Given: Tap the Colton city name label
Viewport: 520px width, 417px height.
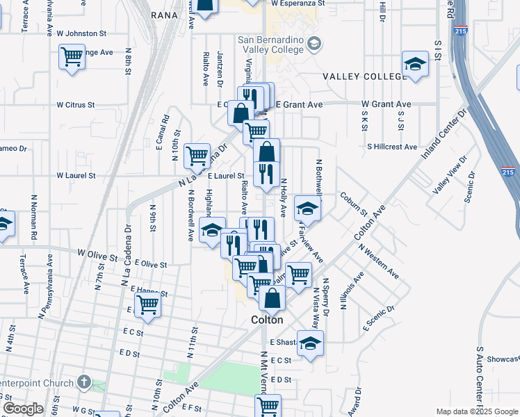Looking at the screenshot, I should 267,320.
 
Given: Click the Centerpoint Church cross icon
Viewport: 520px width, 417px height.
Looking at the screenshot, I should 83,382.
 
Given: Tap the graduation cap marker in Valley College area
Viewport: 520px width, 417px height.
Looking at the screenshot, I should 415,65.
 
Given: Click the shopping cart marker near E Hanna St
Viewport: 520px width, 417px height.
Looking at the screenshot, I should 147,304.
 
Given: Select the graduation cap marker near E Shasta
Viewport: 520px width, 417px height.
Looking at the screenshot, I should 310,343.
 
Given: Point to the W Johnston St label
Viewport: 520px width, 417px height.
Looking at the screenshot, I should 81,33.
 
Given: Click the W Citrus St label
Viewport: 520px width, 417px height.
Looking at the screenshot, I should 75,105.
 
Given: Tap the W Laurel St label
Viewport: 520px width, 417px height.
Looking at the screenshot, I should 76,176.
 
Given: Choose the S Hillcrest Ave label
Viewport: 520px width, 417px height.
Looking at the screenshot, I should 392,147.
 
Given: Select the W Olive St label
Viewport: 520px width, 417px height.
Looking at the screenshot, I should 97,256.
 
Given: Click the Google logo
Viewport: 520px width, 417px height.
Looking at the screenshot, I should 23,409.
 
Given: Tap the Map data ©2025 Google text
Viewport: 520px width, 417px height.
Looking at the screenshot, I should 476,411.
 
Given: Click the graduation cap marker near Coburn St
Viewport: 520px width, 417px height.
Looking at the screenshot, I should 307,208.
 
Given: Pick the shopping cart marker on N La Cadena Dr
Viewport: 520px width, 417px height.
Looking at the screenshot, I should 197,155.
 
